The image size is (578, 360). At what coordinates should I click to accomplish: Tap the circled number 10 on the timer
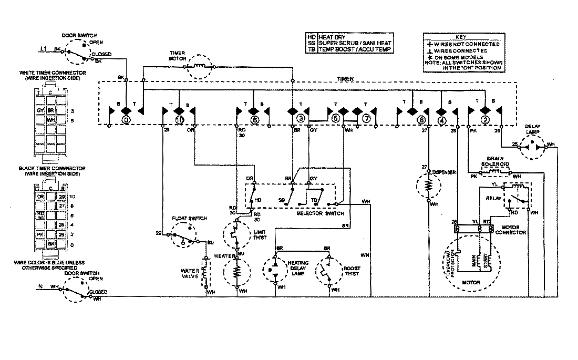180,120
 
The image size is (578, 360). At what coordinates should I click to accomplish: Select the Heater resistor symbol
236,272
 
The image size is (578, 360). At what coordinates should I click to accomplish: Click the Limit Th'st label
259,234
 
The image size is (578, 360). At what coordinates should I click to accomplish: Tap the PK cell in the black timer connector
40,233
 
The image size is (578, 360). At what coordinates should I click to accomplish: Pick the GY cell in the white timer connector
40,111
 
